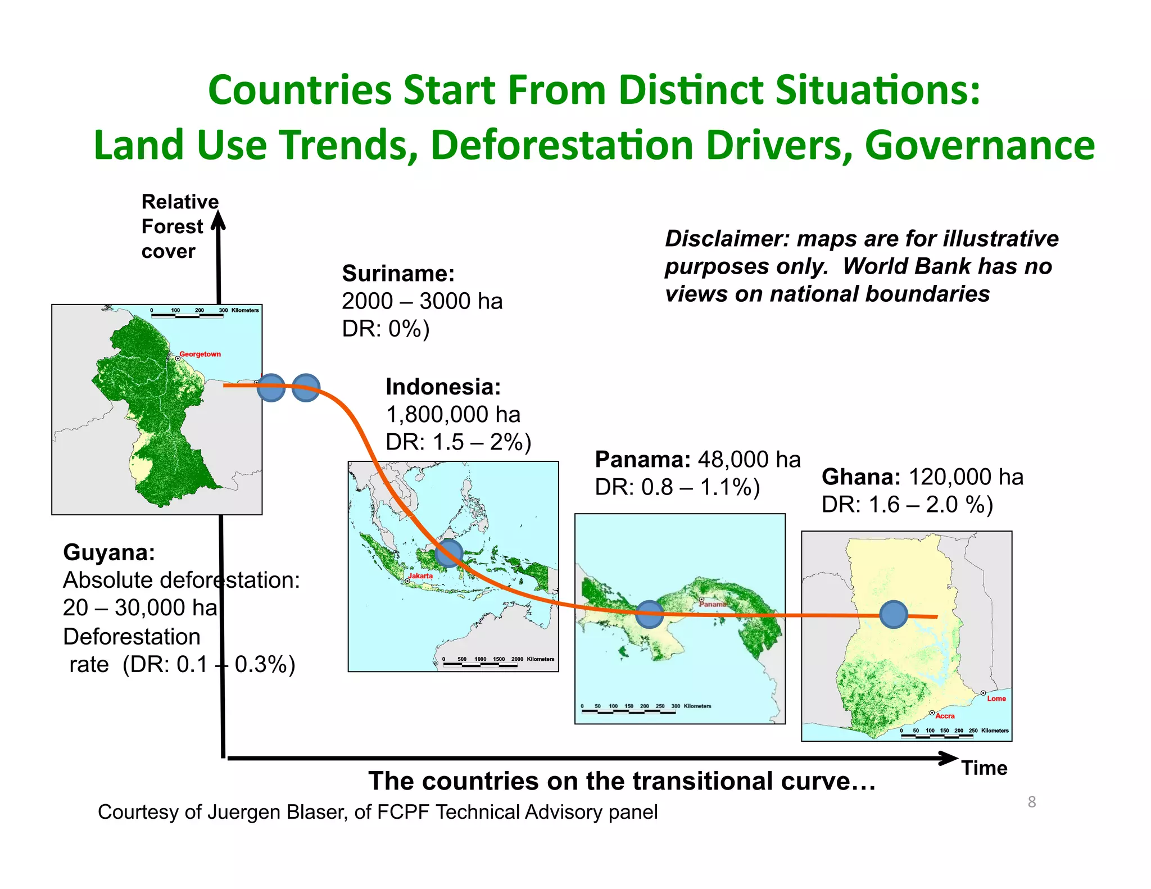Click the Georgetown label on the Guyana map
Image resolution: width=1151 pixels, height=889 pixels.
point(200,354)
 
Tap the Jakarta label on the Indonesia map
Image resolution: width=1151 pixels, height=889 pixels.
point(420,576)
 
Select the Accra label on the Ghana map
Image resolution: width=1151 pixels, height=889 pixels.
point(945,716)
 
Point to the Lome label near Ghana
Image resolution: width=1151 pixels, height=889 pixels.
point(996,698)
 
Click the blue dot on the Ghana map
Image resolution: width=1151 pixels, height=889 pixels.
point(893,614)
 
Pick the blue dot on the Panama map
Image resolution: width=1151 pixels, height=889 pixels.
point(650,614)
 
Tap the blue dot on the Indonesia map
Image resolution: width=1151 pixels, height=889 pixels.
point(449,552)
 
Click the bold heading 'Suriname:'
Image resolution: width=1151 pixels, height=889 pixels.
point(398,274)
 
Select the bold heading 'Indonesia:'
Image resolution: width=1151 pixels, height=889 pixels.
point(443,387)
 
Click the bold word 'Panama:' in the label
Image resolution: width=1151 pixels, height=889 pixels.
point(642,460)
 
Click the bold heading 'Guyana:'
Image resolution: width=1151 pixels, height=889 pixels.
point(109,552)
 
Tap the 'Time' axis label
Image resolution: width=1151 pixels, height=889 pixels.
point(984,768)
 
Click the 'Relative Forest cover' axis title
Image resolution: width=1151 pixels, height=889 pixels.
point(179,226)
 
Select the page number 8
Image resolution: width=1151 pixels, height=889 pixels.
point(1031,802)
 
